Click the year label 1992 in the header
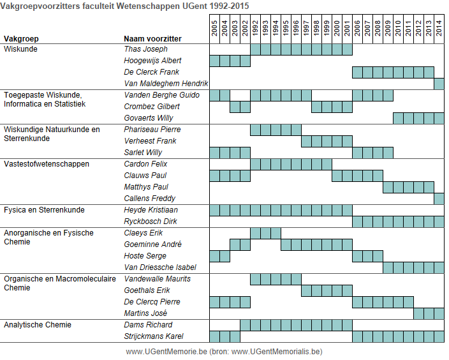pos(255,28)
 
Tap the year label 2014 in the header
pos(439,28)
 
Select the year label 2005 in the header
pos(214,28)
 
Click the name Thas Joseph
pos(145,49)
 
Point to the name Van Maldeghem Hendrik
pos(166,84)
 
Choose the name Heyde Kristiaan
pos(151,210)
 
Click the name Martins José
pos(145,313)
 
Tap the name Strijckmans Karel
pos(154,336)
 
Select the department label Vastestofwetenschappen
pos(47,164)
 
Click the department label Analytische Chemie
pos(38,325)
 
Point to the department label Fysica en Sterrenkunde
pos(44,210)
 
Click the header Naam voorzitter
pos(152,39)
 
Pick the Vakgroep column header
pos(21,39)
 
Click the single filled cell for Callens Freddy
pos(439,199)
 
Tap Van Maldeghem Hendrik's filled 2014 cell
pos(439,84)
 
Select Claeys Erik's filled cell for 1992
pos(255,233)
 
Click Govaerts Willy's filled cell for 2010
pos(399,118)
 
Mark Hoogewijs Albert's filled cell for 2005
pos(214,61)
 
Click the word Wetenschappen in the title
pos(149,6)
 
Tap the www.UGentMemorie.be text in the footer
pos(166,352)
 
